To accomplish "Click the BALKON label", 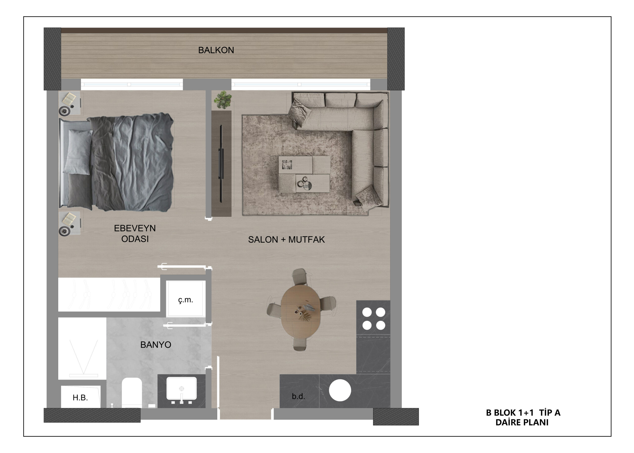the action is (x=216, y=50).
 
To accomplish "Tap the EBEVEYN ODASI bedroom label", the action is (x=135, y=234).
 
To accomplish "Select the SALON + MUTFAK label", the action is (x=287, y=240).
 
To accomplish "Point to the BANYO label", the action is (x=156, y=345).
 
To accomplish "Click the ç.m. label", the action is (x=185, y=300).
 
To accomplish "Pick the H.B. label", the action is (x=80, y=398).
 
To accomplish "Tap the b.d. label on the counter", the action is (x=298, y=396).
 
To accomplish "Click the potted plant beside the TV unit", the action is (x=223, y=100).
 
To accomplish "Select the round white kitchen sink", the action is (x=340, y=391).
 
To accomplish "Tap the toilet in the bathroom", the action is (x=132, y=393).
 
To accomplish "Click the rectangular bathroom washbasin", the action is (x=181, y=388).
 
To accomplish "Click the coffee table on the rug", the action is (x=304, y=174).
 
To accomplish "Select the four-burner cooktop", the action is (x=373, y=319).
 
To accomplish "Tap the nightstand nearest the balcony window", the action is (x=70, y=104).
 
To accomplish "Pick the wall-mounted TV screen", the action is (x=221, y=163).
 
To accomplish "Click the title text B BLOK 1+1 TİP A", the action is (x=523, y=413).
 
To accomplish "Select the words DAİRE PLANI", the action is (x=522, y=422).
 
